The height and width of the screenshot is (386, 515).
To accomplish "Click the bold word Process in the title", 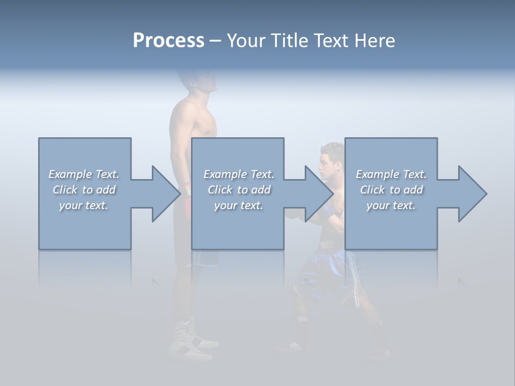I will (168, 41).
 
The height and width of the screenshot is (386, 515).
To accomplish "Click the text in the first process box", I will (84, 190).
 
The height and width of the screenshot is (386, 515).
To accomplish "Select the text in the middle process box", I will (239, 190).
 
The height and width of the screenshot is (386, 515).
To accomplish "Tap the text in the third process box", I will (391, 190).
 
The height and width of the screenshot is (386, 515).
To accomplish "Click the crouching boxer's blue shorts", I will (322, 273).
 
